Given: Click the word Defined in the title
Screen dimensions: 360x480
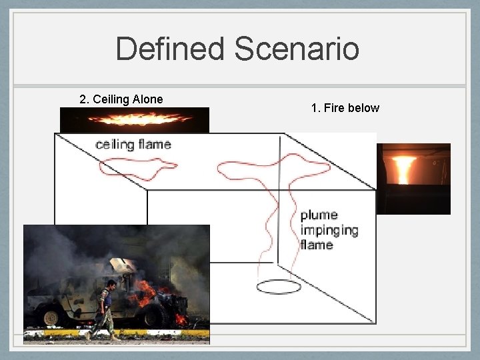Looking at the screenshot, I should pos(170,49).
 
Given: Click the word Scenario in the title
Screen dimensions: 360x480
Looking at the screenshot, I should pos(297,49).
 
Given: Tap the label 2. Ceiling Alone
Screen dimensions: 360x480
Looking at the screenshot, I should pos(121,99).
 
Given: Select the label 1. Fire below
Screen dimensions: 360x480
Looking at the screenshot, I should pos(345,107).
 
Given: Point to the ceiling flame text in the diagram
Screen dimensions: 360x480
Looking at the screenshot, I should pos(133,144).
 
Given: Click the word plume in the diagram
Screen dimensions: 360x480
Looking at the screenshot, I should pos(319,215).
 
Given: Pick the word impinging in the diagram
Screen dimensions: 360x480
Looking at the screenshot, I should pos(329,231).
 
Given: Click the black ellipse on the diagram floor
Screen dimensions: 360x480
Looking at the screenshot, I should pos(279,287).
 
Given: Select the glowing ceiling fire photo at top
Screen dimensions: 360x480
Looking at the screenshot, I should pos(135,120).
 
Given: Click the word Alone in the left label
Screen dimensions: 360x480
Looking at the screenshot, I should pos(147,99).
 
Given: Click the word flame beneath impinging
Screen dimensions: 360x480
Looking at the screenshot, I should pos(317,245).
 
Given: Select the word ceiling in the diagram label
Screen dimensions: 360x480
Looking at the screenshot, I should pos(115,144).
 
